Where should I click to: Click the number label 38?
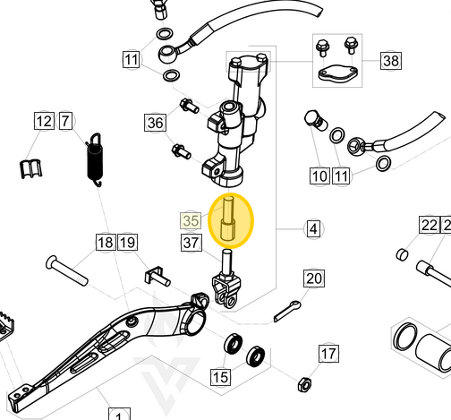pos(391,61)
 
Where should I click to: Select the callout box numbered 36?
pos(155,123)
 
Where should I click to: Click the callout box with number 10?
pos(319,176)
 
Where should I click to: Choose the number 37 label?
pos(190,242)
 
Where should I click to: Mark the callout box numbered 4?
pos(312,229)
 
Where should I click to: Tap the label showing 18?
pos(106,242)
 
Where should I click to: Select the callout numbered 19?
pos(127,242)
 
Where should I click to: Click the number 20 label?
pos(312,279)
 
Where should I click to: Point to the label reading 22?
pos(428,224)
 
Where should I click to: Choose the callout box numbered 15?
pos(219,377)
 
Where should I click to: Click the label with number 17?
pos(328,352)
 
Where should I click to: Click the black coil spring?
pos(94,162)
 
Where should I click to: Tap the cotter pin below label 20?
pos(287,311)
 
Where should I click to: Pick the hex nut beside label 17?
pos(303,383)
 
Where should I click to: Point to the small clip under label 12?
pos(33,166)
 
